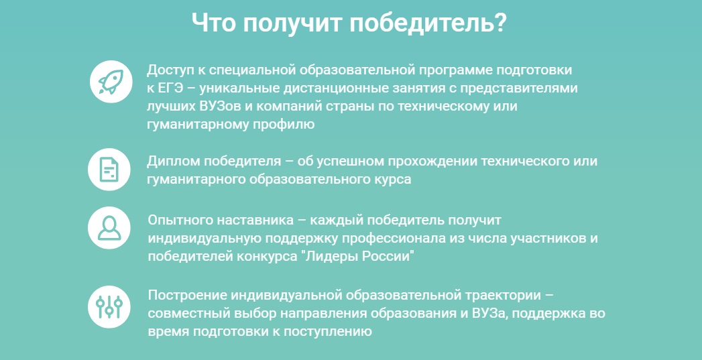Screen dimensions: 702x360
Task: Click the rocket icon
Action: (111, 82)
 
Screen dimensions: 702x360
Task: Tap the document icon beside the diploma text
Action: (109, 170)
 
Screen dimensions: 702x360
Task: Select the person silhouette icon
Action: (109, 227)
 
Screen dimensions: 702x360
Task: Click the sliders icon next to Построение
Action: (109, 307)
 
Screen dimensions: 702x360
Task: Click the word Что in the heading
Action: (213, 22)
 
